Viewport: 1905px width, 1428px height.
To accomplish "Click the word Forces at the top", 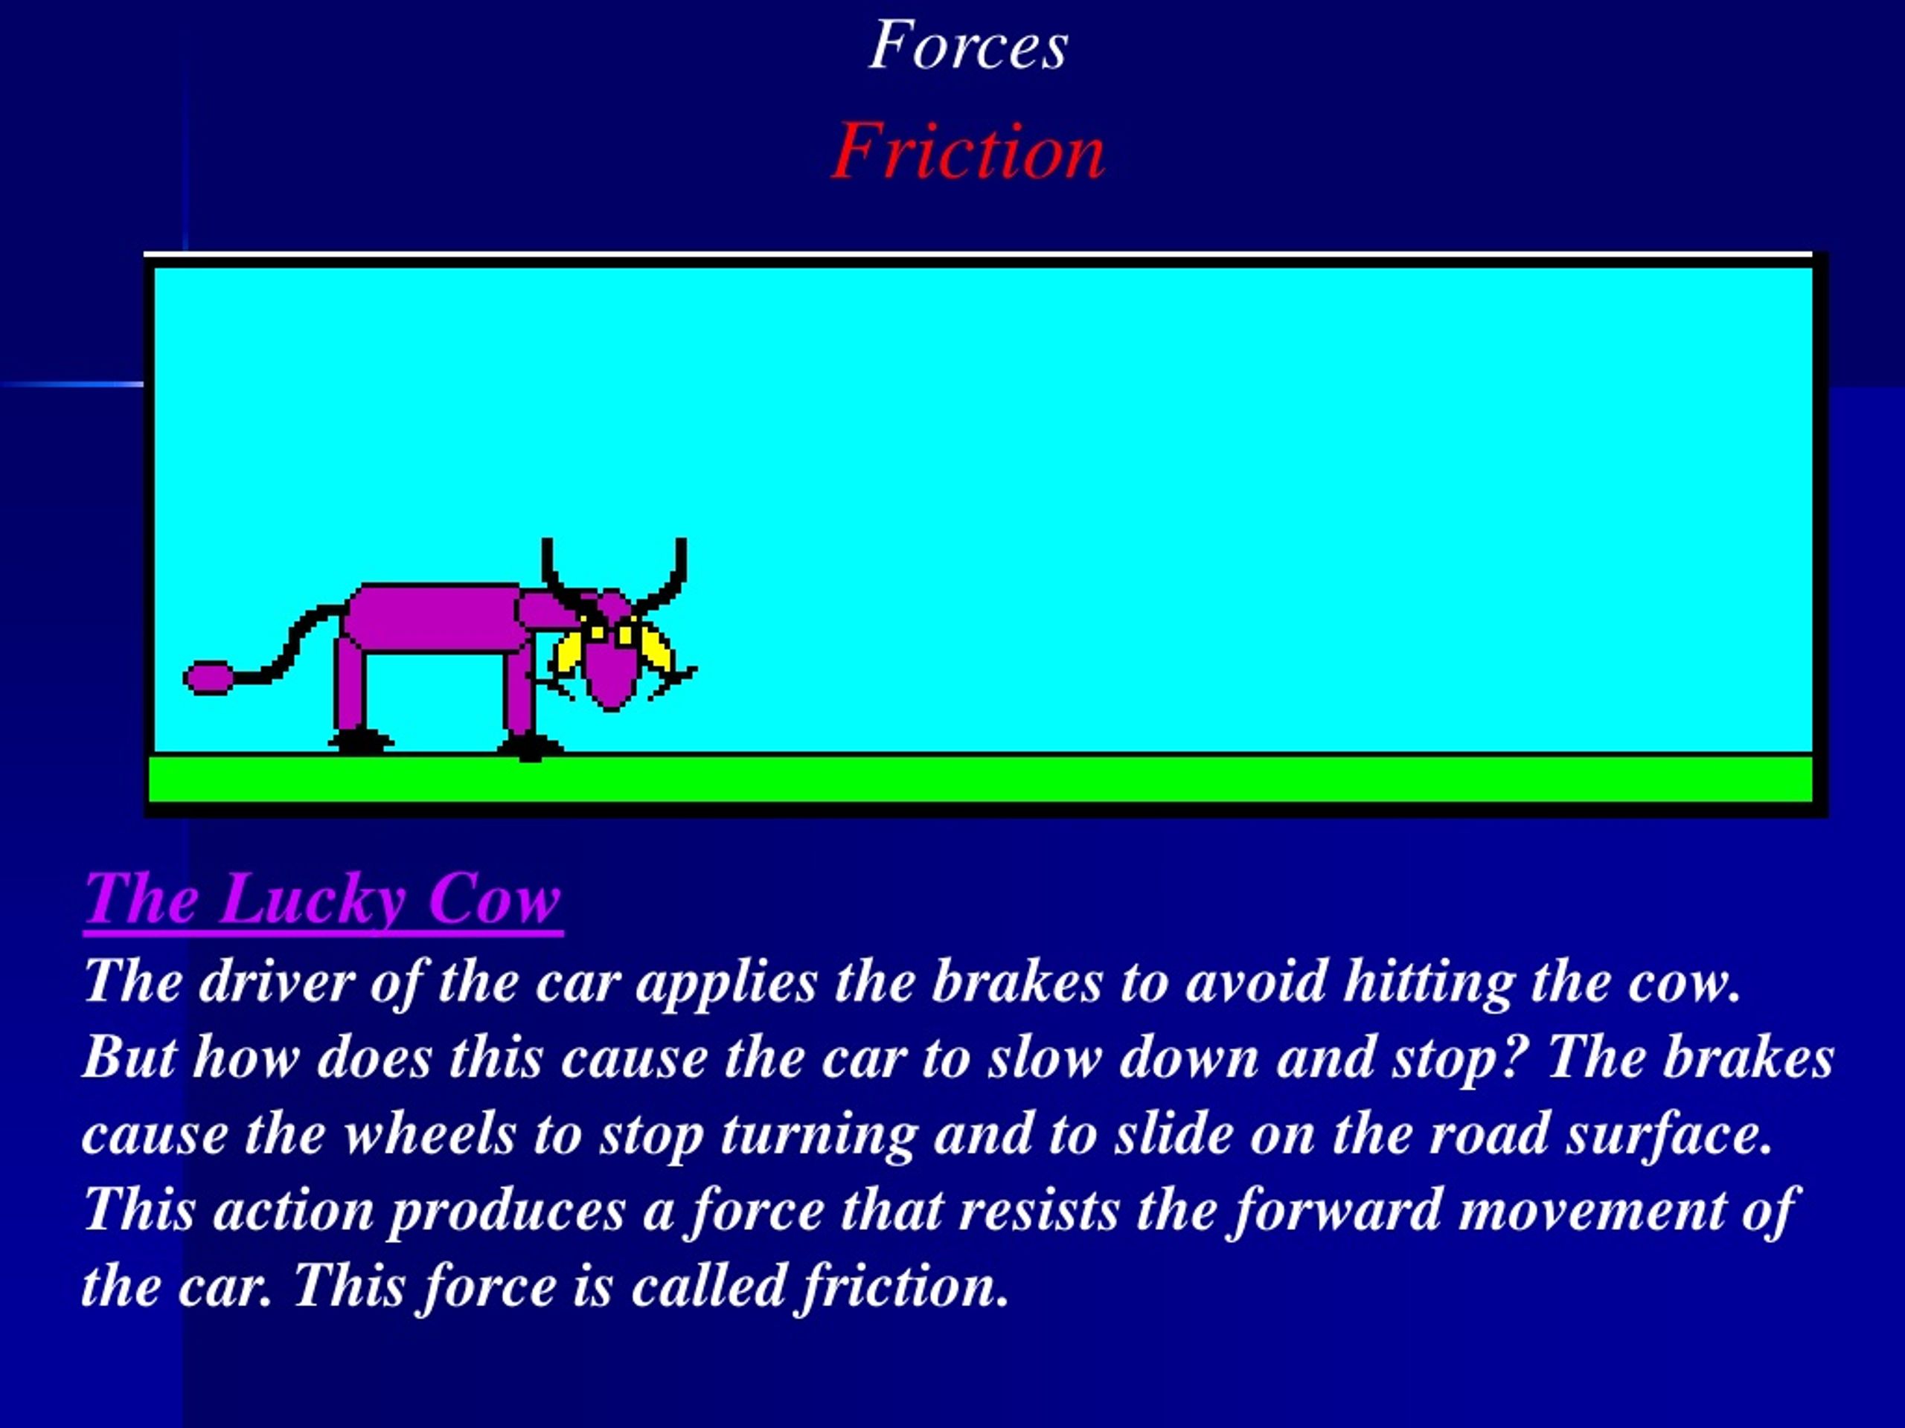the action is click(968, 45).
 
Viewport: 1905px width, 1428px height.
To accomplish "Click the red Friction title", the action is click(968, 152).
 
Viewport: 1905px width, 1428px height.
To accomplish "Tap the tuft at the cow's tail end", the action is click(208, 678).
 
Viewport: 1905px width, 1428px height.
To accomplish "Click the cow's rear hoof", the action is click(360, 740).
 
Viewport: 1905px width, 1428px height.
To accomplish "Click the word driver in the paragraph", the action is click(277, 982).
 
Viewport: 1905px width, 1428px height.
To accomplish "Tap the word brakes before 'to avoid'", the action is click(1017, 982).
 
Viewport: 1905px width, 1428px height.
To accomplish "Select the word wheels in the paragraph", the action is click(429, 1134).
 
